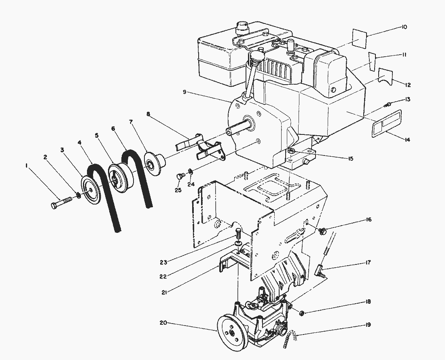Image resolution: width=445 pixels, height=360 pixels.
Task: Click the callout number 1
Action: pyautogui.click(x=26, y=165)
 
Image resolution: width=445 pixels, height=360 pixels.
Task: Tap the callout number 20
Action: pyautogui.click(x=163, y=323)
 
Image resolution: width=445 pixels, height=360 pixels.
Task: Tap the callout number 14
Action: pyautogui.click(x=407, y=140)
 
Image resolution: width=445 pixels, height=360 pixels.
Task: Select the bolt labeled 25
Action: pyautogui.click(x=180, y=176)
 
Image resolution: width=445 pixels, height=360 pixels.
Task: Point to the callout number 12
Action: pyautogui.click(x=408, y=85)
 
